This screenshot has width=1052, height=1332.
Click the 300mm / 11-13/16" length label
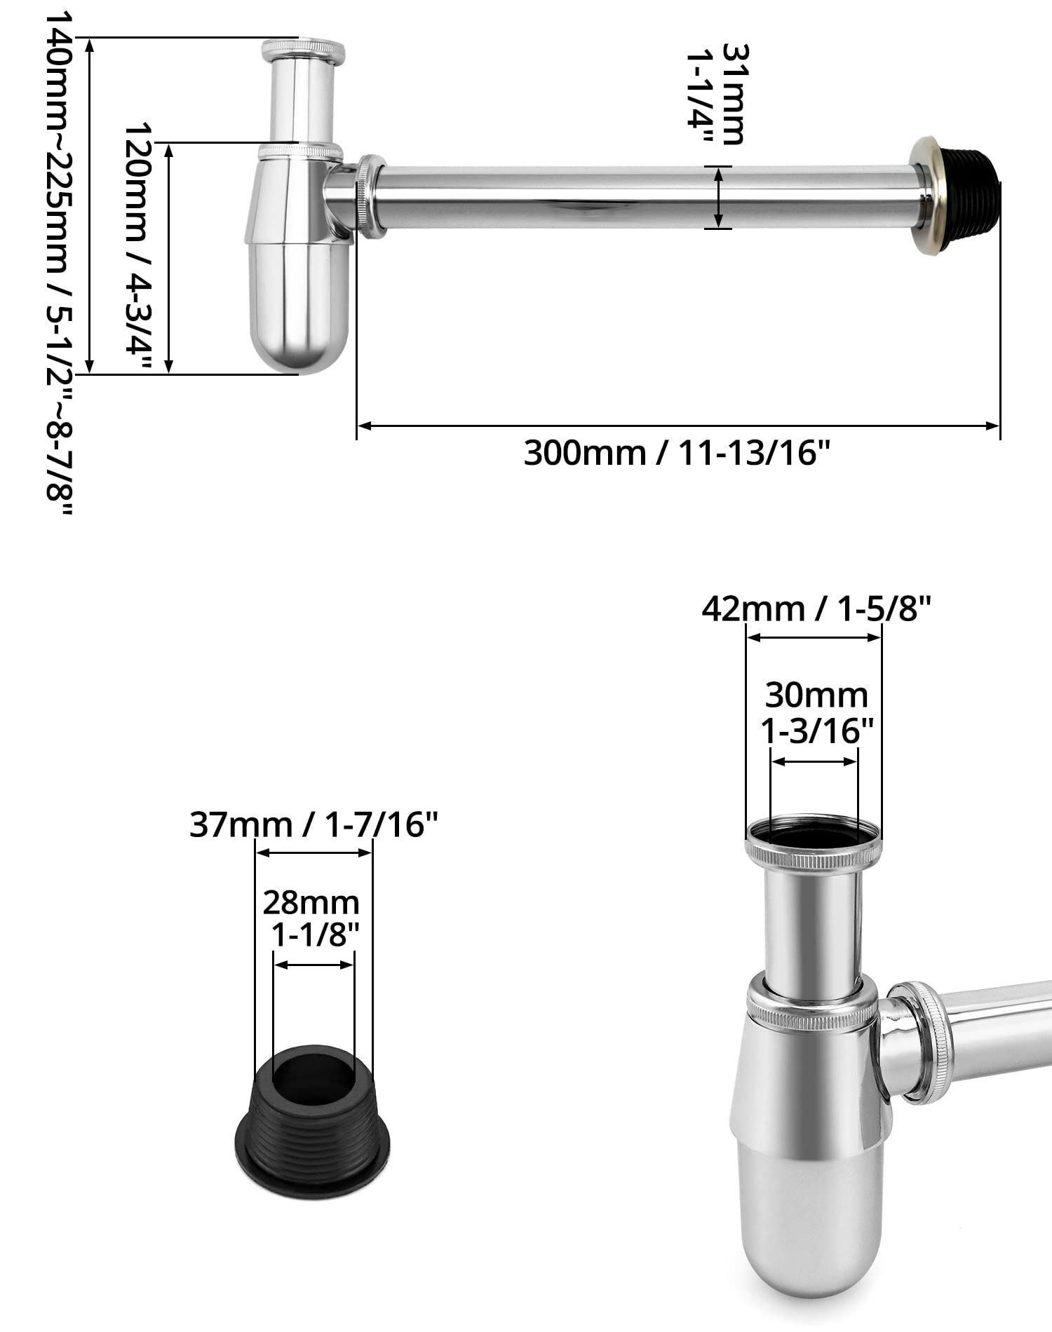677,454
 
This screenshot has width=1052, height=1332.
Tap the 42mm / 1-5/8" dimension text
816,609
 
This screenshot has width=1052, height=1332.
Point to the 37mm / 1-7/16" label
313,824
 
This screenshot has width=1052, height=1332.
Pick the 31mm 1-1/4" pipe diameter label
715,95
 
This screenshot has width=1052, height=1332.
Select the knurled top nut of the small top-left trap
303,52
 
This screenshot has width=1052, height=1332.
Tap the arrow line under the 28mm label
314,965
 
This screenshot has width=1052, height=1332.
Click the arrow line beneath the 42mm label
814,637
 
